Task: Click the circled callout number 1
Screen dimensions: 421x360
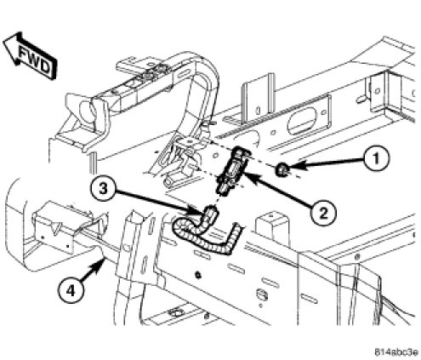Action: point(376,158)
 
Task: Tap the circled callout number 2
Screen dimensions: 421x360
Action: point(322,212)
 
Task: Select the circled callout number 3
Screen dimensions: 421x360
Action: point(103,189)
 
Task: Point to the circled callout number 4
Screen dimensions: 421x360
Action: point(71,290)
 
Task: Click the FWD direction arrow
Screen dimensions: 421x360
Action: point(31,56)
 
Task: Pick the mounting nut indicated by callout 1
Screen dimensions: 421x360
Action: point(282,169)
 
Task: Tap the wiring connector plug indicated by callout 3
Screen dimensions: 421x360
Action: point(209,214)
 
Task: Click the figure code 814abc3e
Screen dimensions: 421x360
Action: point(396,352)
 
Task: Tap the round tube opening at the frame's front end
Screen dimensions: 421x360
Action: point(86,111)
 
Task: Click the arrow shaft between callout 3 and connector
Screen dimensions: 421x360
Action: point(156,201)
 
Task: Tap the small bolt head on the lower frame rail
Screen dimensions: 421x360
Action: point(198,275)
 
